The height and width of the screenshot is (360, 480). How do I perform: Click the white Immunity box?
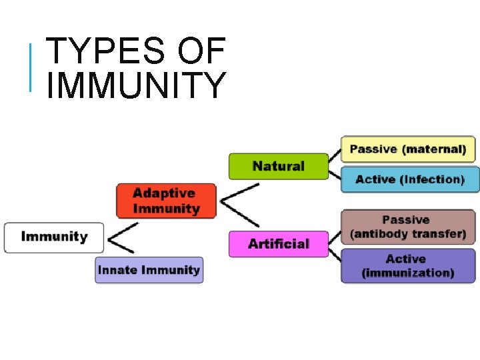(x=54, y=237)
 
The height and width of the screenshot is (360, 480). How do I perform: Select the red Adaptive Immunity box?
(x=166, y=201)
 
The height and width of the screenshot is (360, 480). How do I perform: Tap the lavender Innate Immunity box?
(x=149, y=270)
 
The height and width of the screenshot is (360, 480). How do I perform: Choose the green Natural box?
(x=279, y=166)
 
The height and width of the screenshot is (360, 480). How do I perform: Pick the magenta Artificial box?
(x=279, y=244)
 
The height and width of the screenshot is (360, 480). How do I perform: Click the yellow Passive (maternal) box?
(x=408, y=149)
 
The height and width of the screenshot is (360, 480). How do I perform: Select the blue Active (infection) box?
(x=409, y=180)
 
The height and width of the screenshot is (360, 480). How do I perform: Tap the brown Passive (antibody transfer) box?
(x=408, y=227)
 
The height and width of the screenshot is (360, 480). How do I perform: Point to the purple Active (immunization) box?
(x=408, y=266)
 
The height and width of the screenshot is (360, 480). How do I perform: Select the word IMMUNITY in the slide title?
(x=137, y=85)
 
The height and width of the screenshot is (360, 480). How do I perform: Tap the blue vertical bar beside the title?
(x=31, y=67)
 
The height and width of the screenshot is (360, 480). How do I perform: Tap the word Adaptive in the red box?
(x=164, y=193)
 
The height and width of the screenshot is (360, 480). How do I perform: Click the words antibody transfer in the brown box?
(x=408, y=235)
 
